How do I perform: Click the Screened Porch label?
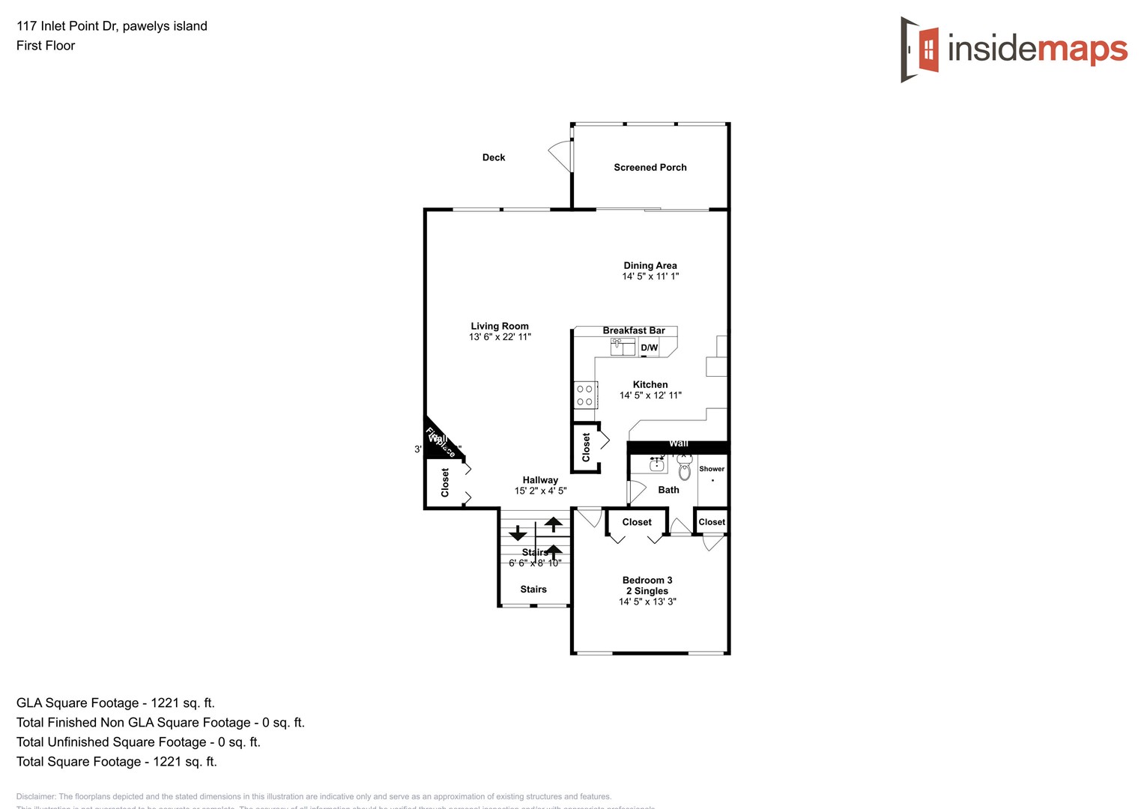tap(650, 167)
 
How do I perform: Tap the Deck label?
tap(494, 157)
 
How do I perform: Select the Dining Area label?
tap(650, 265)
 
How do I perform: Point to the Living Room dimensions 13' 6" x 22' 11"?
tap(500, 337)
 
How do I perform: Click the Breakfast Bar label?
tap(634, 330)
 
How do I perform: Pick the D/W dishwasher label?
tap(649, 348)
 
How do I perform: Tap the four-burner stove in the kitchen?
tap(585, 396)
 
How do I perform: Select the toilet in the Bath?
tap(684, 470)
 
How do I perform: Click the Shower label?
tap(712, 469)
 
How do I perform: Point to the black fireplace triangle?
tap(438, 442)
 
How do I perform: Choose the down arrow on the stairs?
tap(518, 533)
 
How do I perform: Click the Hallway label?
tap(540, 480)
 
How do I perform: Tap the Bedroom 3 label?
tap(647, 580)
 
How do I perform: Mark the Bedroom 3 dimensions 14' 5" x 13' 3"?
tap(647, 602)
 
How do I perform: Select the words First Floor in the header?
tap(46, 46)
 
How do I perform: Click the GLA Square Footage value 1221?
tap(165, 703)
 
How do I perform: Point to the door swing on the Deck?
tap(560, 155)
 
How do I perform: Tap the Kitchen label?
tap(650, 384)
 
